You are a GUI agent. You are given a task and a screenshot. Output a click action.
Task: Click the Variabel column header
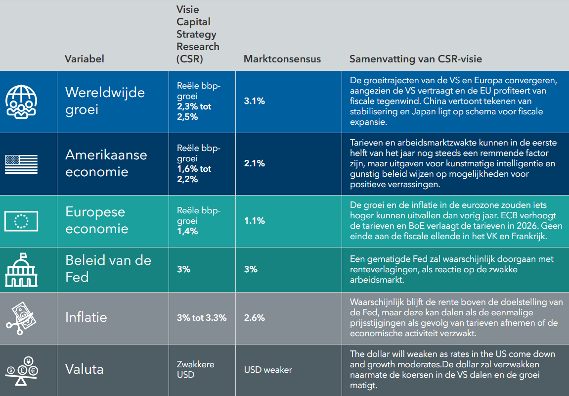coord(85,59)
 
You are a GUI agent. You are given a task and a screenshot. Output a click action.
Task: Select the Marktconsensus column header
coord(282,59)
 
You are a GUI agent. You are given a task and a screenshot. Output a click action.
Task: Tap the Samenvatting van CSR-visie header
coord(416,59)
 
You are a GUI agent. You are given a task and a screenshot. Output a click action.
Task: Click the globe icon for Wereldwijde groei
coord(21,101)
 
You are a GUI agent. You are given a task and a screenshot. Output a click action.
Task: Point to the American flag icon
coord(21,164)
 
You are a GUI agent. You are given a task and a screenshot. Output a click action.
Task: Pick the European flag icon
coord(21,221)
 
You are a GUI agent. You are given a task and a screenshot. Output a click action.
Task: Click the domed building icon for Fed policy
coord(21,270)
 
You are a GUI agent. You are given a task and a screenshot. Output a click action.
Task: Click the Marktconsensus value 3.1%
coord(255,101)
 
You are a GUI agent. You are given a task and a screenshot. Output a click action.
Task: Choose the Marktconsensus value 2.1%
coord(255,163)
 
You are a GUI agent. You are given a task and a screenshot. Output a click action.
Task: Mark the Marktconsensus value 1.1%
coord(255,221)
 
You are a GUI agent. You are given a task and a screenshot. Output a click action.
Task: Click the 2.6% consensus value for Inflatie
coord(255,318)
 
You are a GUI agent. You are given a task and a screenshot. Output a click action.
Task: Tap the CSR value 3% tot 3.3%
coord(202,318)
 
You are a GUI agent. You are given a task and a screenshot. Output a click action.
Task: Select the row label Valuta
coord(85,369)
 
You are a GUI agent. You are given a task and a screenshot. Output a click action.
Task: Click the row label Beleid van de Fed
coord(108,268)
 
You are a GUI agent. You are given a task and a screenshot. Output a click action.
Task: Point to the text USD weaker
coord(268,370)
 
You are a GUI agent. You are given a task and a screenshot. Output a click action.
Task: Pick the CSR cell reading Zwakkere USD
coord(195,369)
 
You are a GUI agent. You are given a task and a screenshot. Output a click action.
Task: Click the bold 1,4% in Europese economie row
coord(187,231)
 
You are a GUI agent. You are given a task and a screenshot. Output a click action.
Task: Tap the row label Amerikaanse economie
coord(106,163)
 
